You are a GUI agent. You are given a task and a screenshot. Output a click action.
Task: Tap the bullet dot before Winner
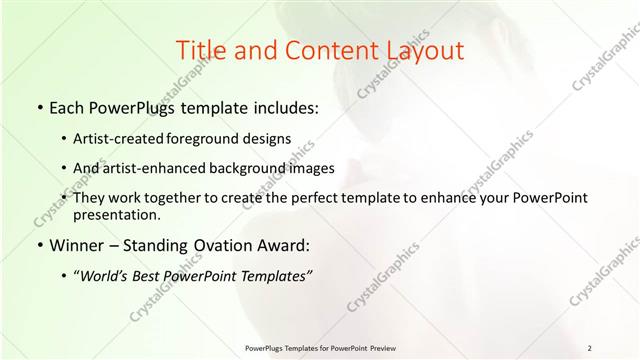(38, 245)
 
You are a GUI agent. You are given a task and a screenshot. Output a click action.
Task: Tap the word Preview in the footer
(380, 348)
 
